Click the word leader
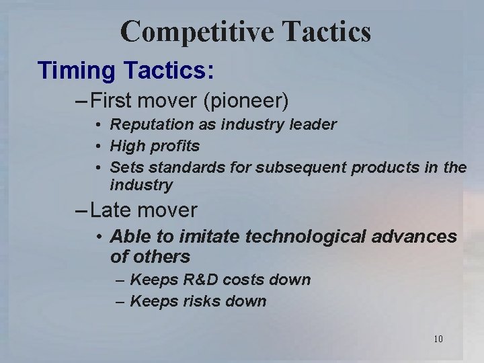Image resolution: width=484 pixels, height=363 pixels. (314, 124)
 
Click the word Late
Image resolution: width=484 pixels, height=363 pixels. (110, 210)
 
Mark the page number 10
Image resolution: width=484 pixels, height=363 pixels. (438, 339)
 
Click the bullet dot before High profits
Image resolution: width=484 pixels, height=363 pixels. (98, 146)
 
